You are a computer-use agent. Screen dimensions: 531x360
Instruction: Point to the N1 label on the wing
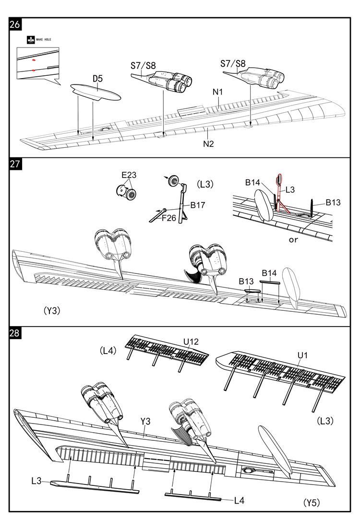click(x=218, y=92)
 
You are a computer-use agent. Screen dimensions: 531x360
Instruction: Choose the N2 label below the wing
click(x=207, y=143)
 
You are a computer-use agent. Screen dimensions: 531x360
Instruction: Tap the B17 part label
click(x=198, y=205)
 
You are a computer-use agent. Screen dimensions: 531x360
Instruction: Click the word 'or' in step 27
click(x=293, y=239)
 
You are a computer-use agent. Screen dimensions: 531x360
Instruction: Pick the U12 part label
click(x=190, y=342)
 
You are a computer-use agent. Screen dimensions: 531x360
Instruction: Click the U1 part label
click(x=302, y=355)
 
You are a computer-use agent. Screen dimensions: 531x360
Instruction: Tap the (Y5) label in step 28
click(x=311, y=503)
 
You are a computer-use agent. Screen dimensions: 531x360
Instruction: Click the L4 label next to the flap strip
click(x=240, y=500)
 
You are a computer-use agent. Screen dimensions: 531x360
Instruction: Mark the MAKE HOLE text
click(x=44, y=40)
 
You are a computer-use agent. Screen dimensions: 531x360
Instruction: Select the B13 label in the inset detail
click(x=333, y=202)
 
